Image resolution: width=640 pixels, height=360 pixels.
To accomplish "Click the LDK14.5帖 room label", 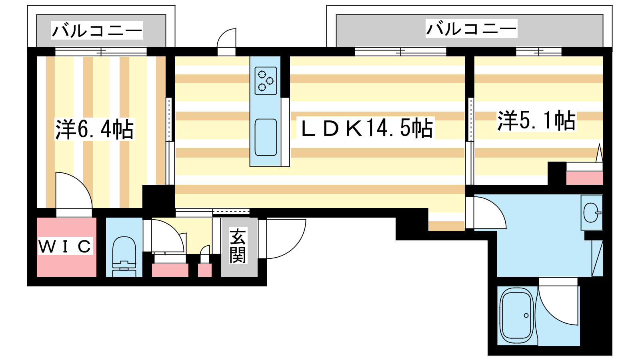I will click(x=366, y=128).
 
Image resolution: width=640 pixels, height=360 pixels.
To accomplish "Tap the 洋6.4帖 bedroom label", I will click(x=94, y=129).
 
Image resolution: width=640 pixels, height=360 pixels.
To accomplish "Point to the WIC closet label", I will click(x=65, y=246).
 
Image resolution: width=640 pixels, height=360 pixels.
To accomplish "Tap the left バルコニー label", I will click(x=97, y=30).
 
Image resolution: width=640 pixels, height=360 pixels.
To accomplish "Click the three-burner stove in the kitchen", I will click(x=266, y=80).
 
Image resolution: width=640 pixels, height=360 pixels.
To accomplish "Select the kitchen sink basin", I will click(x=266, y=137).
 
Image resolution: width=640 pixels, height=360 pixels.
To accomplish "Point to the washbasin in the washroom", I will click(x=591, y=212).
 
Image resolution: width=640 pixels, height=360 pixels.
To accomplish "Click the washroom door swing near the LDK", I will click(x=489, y=213).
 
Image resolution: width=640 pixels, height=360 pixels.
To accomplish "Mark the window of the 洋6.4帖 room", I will click(x=101, y=52).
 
